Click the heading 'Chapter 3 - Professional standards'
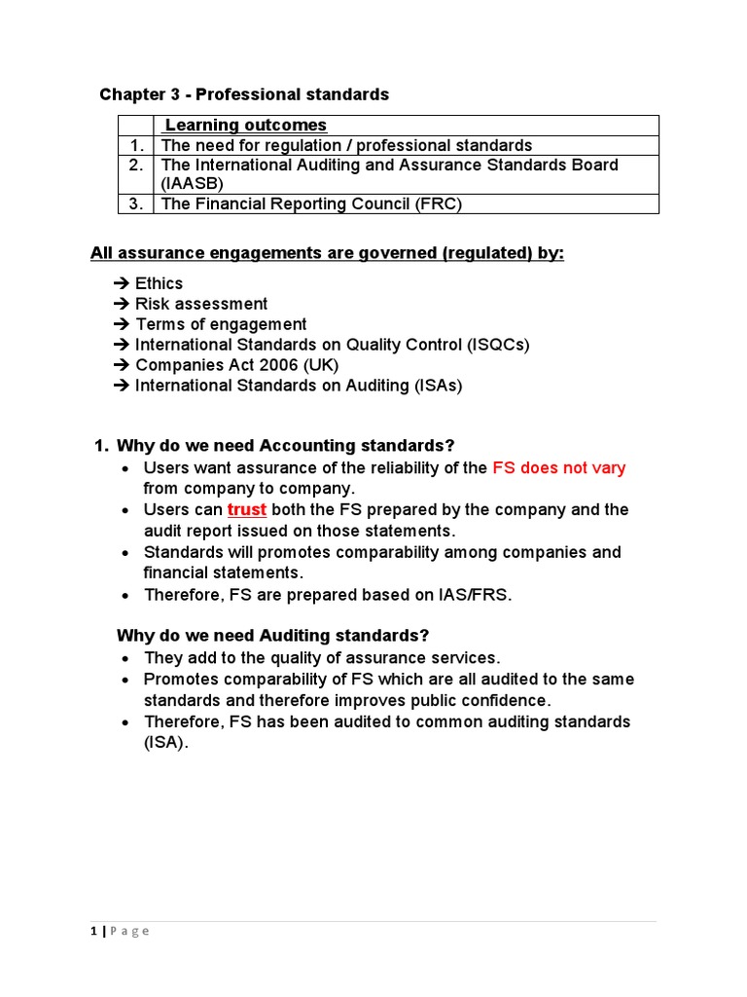point(244,94)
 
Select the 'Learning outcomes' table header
point(245,126)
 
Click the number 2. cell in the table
point(136,166)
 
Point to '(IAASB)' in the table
point(193,184)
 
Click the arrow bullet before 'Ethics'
point(122,283)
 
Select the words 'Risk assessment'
point(201,304)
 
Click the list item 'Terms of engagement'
point(221,324)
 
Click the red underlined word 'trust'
point(247,510)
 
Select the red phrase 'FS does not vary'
point(559,468)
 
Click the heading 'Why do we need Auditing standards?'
point(272,636)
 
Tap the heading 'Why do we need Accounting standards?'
point(285,446)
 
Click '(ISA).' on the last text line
point(166,743)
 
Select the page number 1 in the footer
point(92,932)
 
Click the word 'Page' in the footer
point(128,932)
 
